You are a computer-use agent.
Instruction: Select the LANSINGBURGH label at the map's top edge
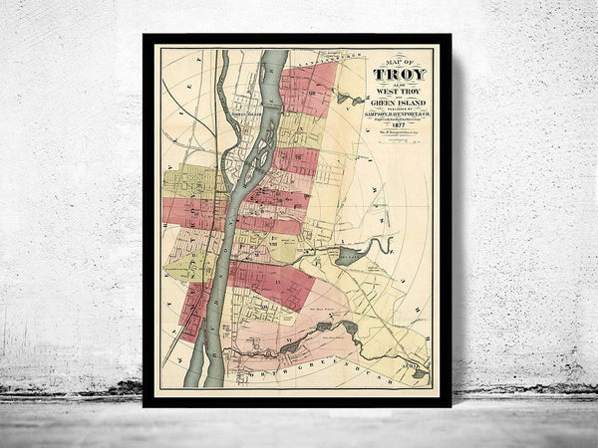coord(314,61)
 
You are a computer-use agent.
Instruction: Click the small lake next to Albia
coord(421,376)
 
